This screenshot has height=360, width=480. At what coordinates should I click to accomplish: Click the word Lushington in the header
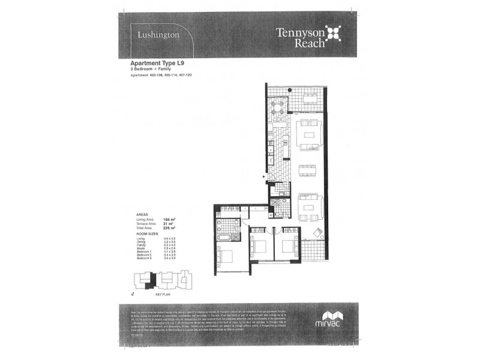pyautogui.click(x=158, y=35)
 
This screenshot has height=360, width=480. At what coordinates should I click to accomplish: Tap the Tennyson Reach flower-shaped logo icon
pyautogui.click(x=332, y=34)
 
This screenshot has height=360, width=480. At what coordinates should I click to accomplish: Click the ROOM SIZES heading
pyautogui.click(x=146, y=234)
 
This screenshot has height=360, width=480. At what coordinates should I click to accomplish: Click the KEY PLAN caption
pyautogui.click(x=163, y=295)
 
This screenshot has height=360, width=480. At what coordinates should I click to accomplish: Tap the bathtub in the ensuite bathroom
pyautogui.click(x=224, y=238)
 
